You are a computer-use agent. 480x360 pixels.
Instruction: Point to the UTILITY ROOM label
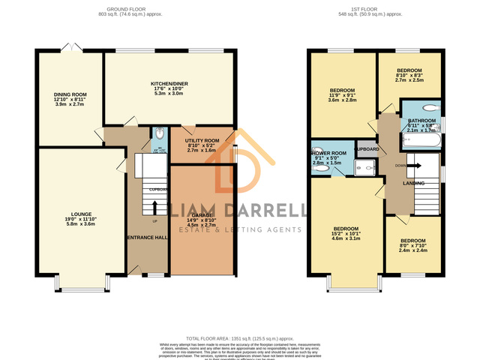(202, 140)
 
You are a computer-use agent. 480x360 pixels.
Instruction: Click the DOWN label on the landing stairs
(401, 165)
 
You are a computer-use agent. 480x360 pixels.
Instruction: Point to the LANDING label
(413, 183)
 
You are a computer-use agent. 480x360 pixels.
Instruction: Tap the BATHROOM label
(422, 120)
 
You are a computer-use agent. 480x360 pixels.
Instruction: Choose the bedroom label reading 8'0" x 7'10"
(412, 241)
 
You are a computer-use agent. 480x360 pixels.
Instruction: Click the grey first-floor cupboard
(367, 149)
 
